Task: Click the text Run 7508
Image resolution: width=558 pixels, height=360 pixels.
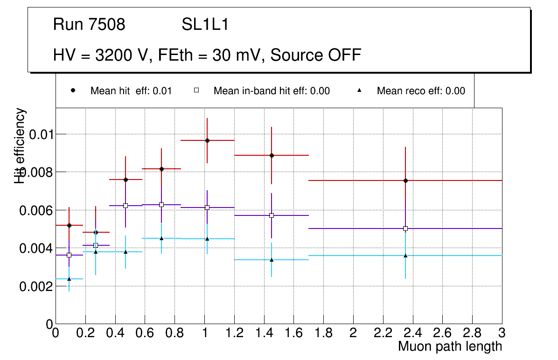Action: [x=89, y=25]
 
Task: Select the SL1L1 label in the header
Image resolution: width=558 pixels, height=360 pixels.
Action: [x=205, y=25]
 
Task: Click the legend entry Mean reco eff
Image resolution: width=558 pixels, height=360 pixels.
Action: [x=420, y=91]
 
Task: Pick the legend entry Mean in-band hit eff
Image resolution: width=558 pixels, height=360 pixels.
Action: [x=272, y=91]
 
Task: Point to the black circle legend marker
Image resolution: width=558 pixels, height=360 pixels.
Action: [x=73, y=90]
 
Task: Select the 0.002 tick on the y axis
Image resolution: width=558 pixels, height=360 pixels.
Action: [x=35, y=286]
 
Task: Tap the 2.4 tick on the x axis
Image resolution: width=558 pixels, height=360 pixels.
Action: [x=412, y=333]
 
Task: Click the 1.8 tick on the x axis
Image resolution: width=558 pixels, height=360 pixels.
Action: [x=323, y=333]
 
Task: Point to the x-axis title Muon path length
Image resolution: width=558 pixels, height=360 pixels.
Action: [x=450, y=346]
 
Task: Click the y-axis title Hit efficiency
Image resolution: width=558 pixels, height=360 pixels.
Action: [x=20, y=145]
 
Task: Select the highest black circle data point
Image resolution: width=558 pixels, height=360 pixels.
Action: [x=207, y=140]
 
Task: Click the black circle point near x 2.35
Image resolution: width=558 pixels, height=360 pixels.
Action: [x=405, y=180]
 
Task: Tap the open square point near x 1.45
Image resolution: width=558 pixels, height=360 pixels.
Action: [x=272, y=215]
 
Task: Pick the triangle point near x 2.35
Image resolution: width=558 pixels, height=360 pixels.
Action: [x=405, y=256]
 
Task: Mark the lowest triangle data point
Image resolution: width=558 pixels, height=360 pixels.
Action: [x=69, y=279]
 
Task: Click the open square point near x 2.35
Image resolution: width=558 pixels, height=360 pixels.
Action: [x=405, y=228]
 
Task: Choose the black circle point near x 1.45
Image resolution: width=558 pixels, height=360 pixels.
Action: [x=272, y=155]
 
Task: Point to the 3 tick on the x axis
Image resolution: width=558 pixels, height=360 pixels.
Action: [x=502, y=333]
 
